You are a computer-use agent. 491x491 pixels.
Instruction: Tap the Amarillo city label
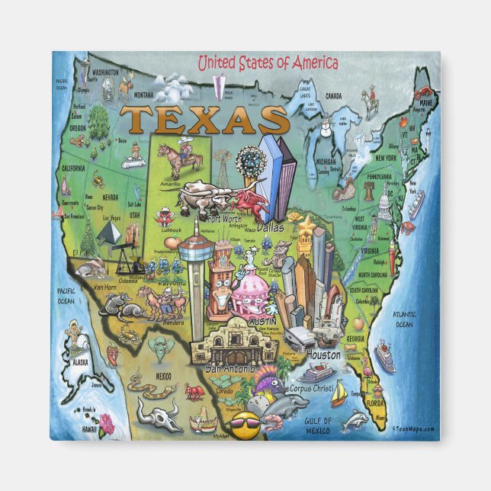coord(170,185)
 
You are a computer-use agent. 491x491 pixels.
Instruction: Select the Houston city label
coord(323,355)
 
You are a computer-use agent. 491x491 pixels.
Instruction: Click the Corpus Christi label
coord(312,388)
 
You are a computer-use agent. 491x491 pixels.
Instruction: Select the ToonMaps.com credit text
coord(412,428)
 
